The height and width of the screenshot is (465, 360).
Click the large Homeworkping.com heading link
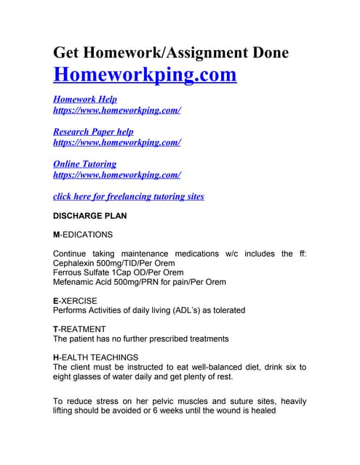[145, 75]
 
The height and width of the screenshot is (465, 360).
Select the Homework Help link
[85, 100]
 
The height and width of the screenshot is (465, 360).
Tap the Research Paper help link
[93, 132]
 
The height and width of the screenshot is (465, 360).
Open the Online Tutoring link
[84, 164]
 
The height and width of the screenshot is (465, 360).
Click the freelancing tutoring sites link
[129, 196]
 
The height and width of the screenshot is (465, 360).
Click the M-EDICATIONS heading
[83, 235]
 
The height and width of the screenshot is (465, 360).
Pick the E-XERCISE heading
[75, 301]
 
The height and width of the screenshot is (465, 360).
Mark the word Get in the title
[69, 52]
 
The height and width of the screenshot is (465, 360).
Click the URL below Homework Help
[116, 110]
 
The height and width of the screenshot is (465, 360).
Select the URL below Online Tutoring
[116, 175]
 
